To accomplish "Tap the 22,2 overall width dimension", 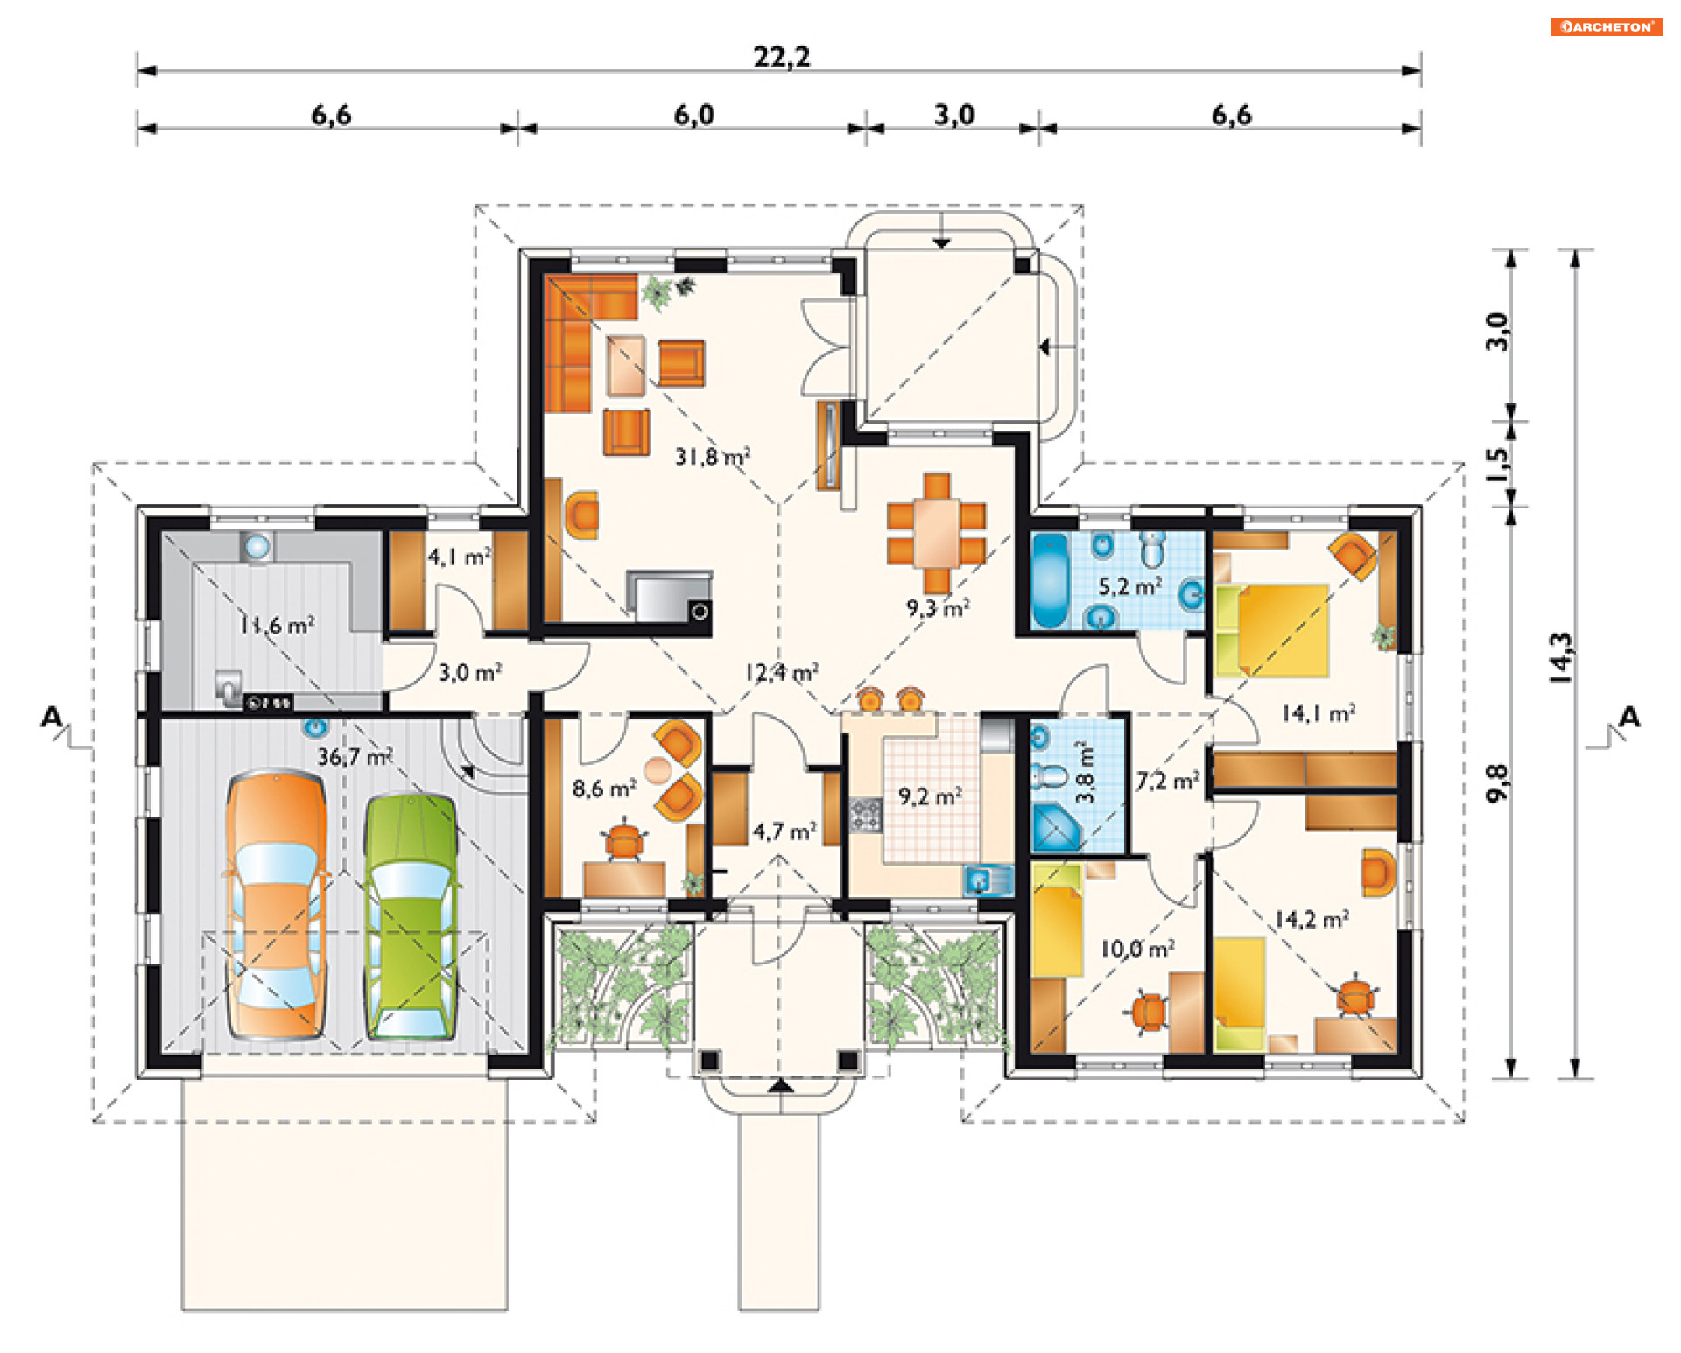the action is click(782, 58).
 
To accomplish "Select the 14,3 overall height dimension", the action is click(1561, 657).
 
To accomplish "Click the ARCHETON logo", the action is click(1607, 26).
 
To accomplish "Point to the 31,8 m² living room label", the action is click(712, 456).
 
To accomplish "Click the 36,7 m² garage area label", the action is click(355, 756).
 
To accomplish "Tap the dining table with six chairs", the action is click(936, 532).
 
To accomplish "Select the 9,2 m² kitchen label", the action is click(930, 796).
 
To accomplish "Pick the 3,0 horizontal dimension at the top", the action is click(954, 115).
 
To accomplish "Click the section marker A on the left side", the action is click(53, 718).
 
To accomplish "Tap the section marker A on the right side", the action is click(1629, 718).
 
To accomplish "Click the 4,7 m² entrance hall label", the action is click(784, 831).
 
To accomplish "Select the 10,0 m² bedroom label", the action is click(1137, 949).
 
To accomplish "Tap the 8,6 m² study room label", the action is click(604, 789).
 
